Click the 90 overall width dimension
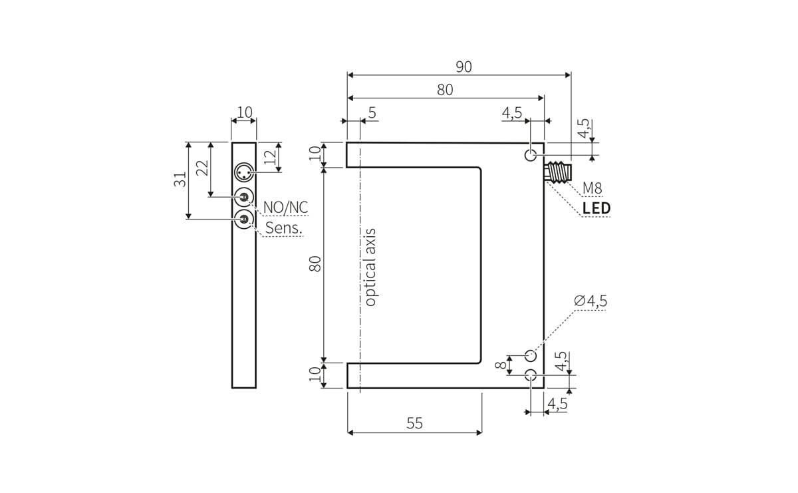pyautogui.click(x=464, y=67)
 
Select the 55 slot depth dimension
pyautogui.click(x=414, y=424)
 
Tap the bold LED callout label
pyautogui.click(x=596, y=208)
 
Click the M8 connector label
pyautogui.click(x=592, y=188)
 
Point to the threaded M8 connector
pyautogui.click(x=559, y=174)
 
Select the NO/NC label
pyautogui.click(x=286, y=208)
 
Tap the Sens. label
pyautogui.click(x=284, y=228)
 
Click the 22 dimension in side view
pyautogui.click(x=202, y=168)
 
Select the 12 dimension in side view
pyautogui.click(x=269, y=157)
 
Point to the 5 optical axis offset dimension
pyautogui.click(x=372, y=112)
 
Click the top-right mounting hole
pyautogui.click(x=531, y=156)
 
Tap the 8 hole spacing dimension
pyautogui.click(x=500, y=364)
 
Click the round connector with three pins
pyautogui.click(x=244, y=173)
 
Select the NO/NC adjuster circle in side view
pyautogui.click(x=244, y=197)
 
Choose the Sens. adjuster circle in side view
pyautogui.click(x=244, y=219)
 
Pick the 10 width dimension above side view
pyautogui.click(x=245, y=112)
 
